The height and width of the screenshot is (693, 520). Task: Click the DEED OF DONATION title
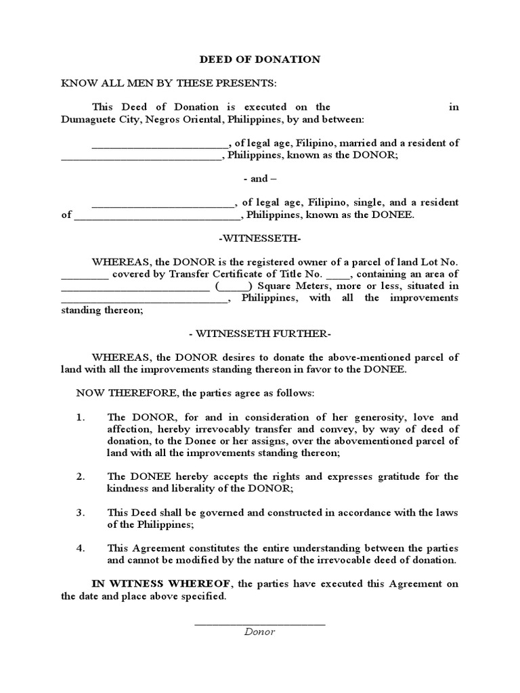pyautogui.click(x=260, y=60)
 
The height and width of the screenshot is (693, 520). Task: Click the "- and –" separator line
pyautogui.click(x=260, y=179)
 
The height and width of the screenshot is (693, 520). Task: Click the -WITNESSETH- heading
pyautogui.click(x=260, y=238)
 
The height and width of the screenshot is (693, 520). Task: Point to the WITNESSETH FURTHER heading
pyautogui.click(x=260, y=334)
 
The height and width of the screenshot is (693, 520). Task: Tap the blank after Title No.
pyautogui.click(x=339, y=275)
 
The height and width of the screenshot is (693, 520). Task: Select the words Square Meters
pyautogui.click(x=276, y=286)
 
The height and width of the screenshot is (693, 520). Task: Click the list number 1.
pyautogui.click(x=80, y=418)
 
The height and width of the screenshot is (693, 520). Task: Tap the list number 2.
pyautogui.click(x=80, y=476)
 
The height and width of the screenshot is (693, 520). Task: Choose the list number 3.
pyautogui.click(x=80, y=512)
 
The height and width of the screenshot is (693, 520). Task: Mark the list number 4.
pyautogui.click(x=80, y=548)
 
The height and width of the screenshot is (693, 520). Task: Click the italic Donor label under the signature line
pyautogui.click(x=260, y=631)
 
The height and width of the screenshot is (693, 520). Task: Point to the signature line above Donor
pyautogui.click(x=260, y=623)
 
